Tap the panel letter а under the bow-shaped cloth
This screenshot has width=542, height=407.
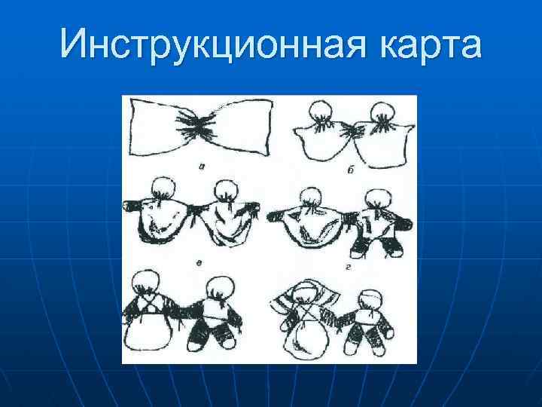pyautogui.click(x=197, y=163)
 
